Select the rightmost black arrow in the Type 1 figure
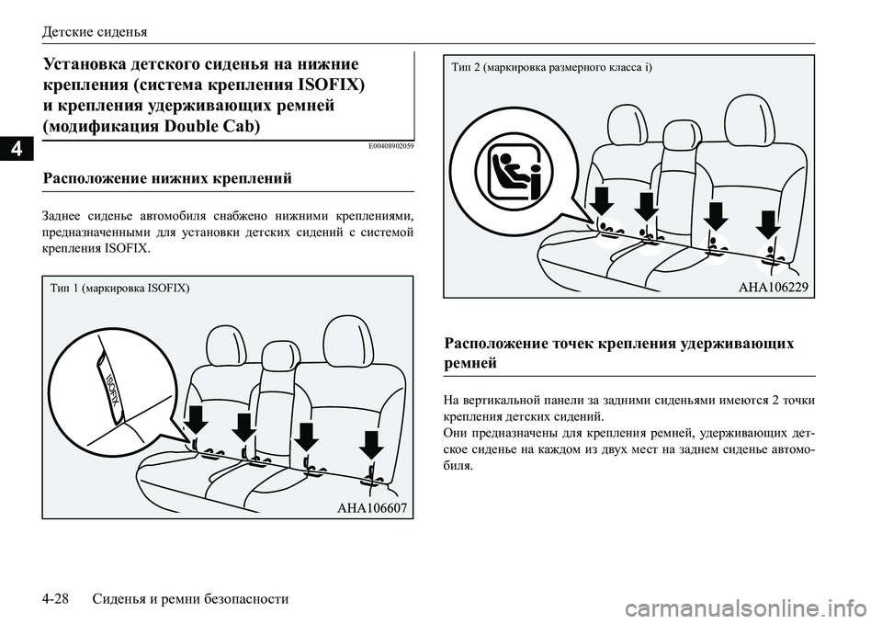coord(370,444)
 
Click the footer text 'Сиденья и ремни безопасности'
coord(191,598)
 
